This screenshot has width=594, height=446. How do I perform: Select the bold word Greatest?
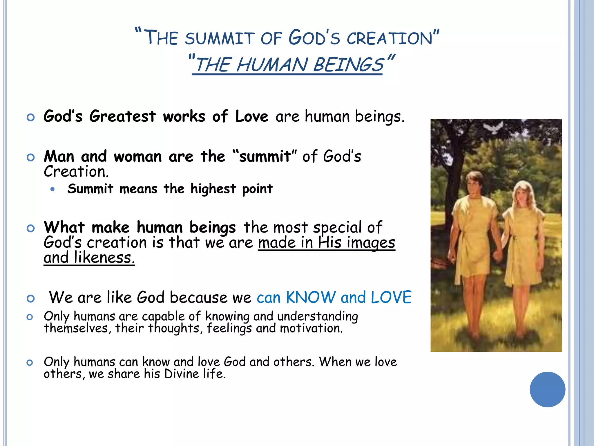[122, 116]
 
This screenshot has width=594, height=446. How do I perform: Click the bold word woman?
[138, 157]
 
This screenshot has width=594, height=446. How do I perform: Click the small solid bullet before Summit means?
[52, 189]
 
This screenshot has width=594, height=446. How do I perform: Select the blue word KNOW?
[310, 297]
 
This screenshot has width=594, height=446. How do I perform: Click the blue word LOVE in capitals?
[391, 297]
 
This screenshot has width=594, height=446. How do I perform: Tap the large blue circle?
[547, 389]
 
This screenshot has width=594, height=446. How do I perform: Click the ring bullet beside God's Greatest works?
[30, 117]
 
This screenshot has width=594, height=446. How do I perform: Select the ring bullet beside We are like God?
[30, 298]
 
